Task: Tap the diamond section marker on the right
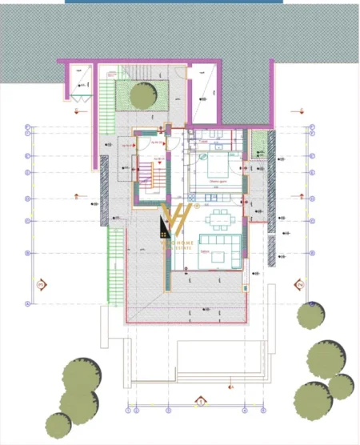(299, 284)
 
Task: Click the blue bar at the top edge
(174, 2)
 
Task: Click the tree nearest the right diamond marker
(310, 315)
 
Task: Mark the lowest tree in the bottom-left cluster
(58, 422)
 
